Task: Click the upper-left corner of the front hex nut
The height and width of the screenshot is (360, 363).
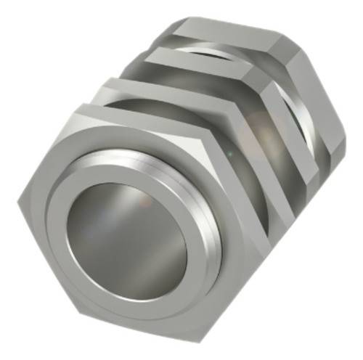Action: (73, 109)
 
